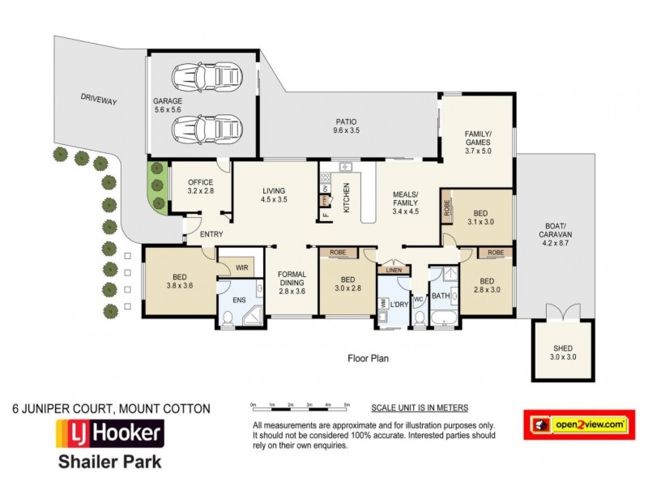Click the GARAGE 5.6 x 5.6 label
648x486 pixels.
coord(168,107)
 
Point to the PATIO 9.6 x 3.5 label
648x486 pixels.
coord(346,126)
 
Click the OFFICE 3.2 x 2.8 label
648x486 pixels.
coord(200,187)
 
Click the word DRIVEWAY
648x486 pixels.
coord(99,101)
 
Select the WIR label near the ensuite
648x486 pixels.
coord(241,266)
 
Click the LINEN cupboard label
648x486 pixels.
coord(394,271)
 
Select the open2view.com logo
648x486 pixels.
coord(578,424)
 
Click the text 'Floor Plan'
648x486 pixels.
coord(369,357)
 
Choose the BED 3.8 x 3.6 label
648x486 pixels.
coord(181,279)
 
